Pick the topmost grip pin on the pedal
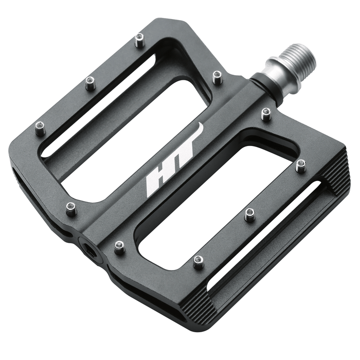click(139, 40)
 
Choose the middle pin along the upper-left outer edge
click(90, 83)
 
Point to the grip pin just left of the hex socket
click(71, 208)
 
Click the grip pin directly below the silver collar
click(266, 114)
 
